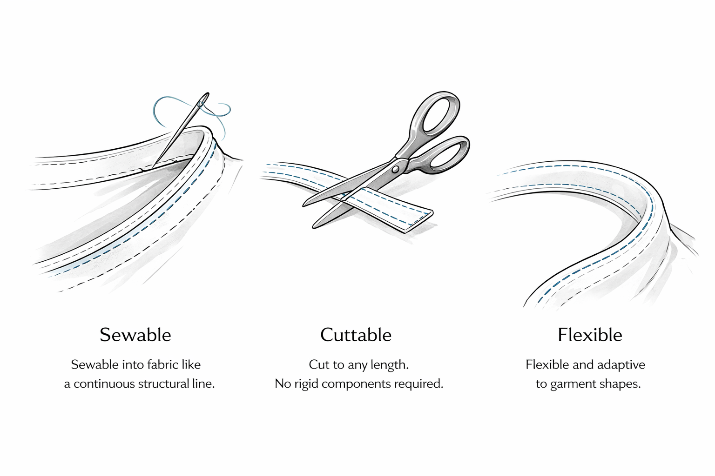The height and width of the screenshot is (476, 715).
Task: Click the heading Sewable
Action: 135,335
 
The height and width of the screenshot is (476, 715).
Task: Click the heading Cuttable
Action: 356,335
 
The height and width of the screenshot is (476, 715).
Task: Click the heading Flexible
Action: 590,335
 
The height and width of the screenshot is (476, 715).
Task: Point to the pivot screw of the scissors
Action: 396,169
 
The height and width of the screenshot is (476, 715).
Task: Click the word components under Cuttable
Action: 356,384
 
